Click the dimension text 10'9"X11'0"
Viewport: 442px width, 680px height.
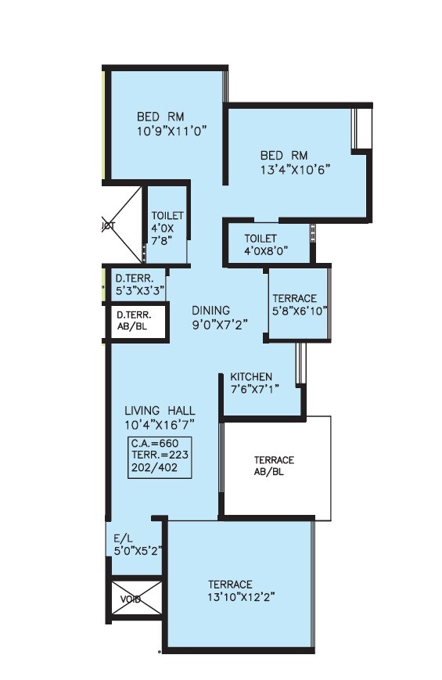pos(171,133)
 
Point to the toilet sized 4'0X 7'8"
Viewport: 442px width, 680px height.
pos(167,228)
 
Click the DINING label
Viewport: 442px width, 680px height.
pos(210,311)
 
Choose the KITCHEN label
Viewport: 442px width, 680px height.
pos(251,377)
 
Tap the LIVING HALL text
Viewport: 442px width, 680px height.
pos(160,411)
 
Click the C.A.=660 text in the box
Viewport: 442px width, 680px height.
pos(156,444)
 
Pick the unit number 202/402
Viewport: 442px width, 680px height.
pos(155,468)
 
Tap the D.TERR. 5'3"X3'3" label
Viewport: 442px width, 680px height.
pos(140,283)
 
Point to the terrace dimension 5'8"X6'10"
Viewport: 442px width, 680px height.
pos(300,311)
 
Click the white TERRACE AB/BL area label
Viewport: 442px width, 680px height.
pos(274,466)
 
